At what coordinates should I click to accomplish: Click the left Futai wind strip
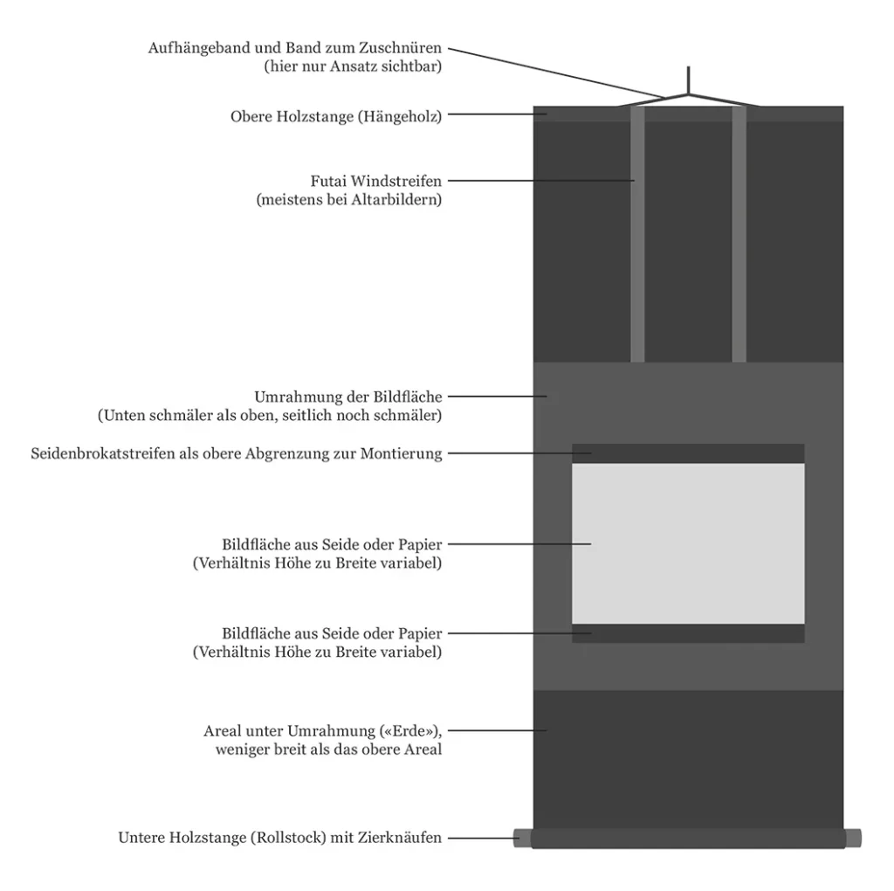[x=637, y=236]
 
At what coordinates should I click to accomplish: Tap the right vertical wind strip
[x=739, y=236]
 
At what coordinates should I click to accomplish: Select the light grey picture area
[x=688, y=543]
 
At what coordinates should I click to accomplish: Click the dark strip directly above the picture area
[x=688, y=453]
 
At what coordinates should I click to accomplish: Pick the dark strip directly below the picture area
[x=688, y=633]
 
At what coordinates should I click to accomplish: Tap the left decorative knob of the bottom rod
[x=522, y=838]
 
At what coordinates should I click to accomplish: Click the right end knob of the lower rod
[x=853, y=838]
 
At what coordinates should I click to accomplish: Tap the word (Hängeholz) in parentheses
[x=399, y=116]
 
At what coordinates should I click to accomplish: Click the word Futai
[x=330, y=182]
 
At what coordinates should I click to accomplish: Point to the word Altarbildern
[x=397, y=200]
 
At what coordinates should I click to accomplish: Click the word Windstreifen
[x=397, y=182]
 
